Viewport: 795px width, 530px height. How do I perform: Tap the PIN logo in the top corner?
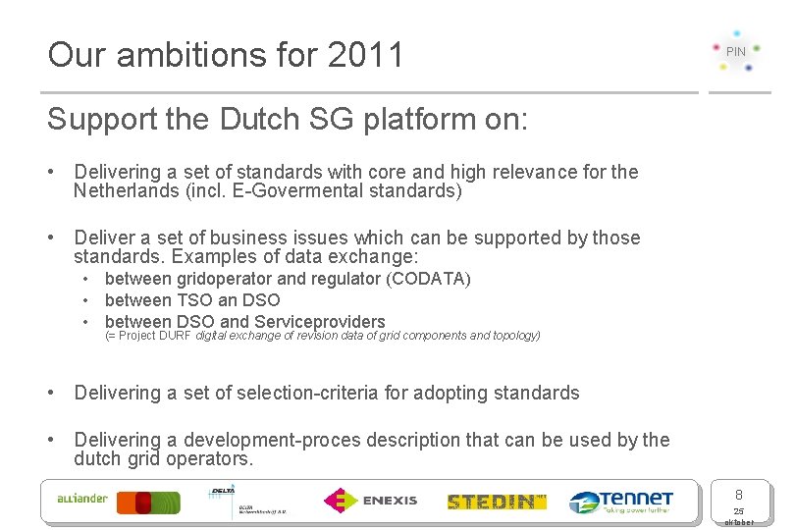tap(736, 51)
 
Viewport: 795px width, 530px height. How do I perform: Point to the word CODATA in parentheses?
tap(429, 279)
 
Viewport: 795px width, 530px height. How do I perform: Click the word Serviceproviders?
tap(320, 321)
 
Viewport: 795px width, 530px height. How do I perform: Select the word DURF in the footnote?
tap(178, 336)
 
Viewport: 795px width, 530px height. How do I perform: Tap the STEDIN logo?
tap(497, 502)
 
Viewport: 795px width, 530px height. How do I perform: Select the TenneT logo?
tap(621, 502)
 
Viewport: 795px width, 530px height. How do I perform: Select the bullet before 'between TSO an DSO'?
tap(87, 300)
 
